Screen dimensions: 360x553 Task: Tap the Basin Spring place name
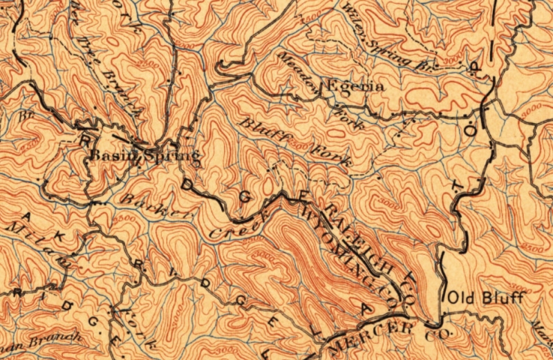pyautogui.click(x=144, y=157)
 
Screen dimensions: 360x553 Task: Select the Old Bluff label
pyautogui.click(x=487, y=299)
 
